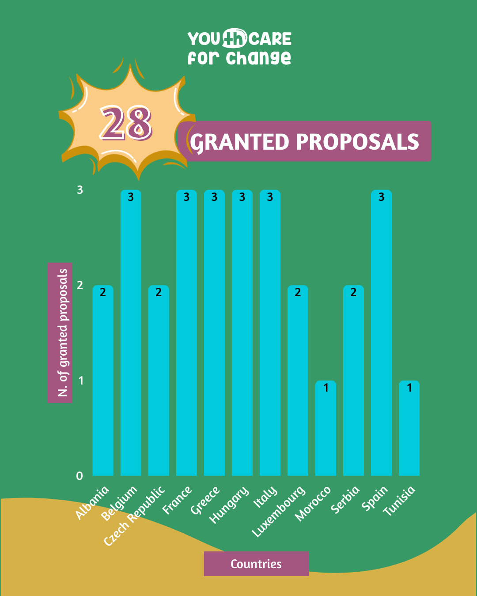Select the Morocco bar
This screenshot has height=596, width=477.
[326, 428]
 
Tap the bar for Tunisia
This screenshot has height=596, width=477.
[409, 428]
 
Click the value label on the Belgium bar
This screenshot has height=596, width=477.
[131, 197]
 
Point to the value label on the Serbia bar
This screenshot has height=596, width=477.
[353, 292]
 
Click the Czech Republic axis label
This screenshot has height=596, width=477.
[135, 515]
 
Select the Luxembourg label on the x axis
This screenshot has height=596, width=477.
[279, 511]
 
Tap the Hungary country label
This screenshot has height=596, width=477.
[230, 505]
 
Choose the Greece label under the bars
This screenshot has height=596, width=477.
[205, 500]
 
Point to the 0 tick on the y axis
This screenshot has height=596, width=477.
[79, 476]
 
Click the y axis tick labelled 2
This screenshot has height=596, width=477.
[79, 285]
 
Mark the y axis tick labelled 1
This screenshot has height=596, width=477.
[80, 381]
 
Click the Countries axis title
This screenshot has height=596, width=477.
[256, 564]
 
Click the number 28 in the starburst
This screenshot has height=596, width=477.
[126, 123]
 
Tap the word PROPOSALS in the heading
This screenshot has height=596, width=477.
[357, 142]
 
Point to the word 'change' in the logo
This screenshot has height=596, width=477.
[258, 58]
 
